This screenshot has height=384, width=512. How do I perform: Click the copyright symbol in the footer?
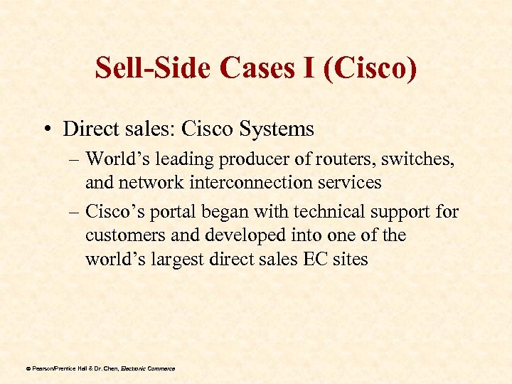[28, 368]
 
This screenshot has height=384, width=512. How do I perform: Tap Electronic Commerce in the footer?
[148, 368]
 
